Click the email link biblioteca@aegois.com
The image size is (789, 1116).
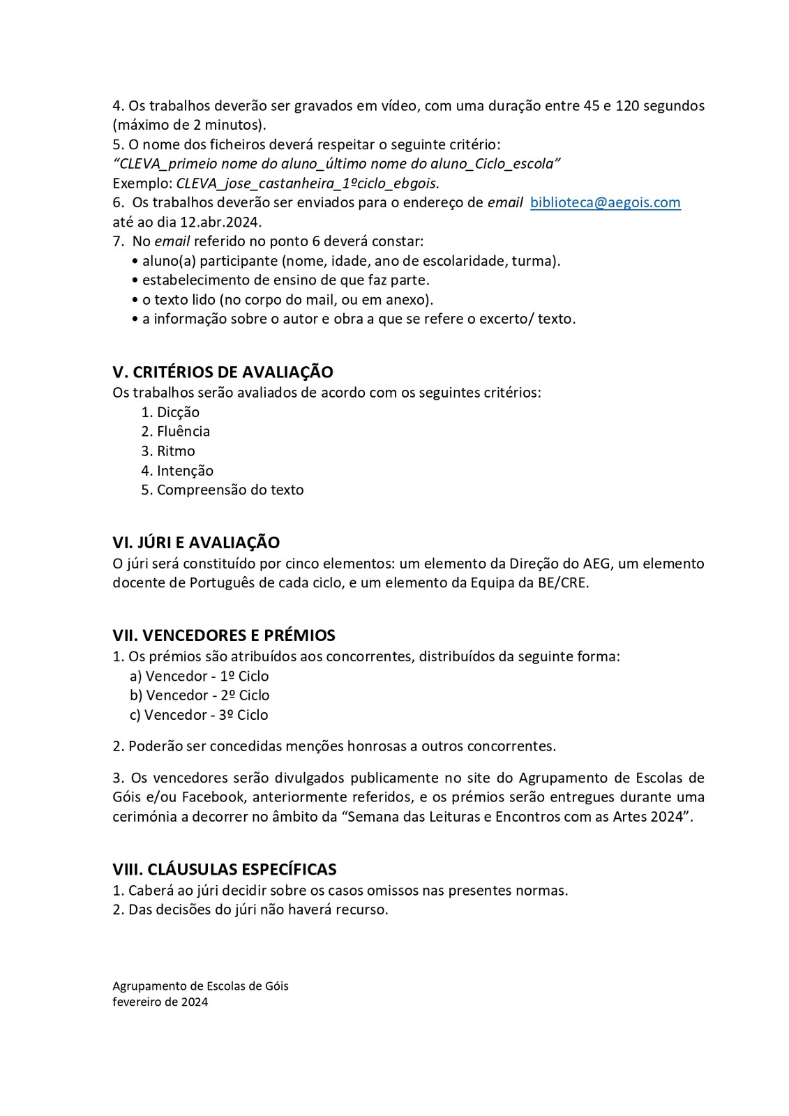(x=605, y=202)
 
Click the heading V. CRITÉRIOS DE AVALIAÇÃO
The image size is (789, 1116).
(x=223, y=372)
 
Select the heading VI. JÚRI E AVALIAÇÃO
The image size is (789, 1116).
(x=196, y=542)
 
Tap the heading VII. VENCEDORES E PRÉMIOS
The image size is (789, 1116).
(x=224, y=635)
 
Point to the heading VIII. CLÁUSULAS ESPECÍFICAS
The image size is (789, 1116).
(x=225, y=869)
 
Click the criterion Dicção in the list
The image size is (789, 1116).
(x=178, y=412)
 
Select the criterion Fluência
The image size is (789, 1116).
(x=183, y=432)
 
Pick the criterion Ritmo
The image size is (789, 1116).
(x=176, y=451)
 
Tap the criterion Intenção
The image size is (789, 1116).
(x=185, y=471)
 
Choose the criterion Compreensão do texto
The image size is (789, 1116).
(x=230, y=490)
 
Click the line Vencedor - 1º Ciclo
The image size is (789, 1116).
(x=207, y=676)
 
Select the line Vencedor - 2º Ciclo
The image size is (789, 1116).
(x=208, y=695)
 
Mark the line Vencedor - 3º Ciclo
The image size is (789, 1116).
(x=206, y=715)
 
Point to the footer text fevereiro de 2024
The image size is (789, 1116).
(x=160, y=1002)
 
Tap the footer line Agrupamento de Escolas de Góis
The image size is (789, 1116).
(x=200, y=986)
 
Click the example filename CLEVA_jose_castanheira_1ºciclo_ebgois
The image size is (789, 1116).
(x=308, y=183)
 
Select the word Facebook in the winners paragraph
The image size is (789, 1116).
(x=209, y=797)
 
